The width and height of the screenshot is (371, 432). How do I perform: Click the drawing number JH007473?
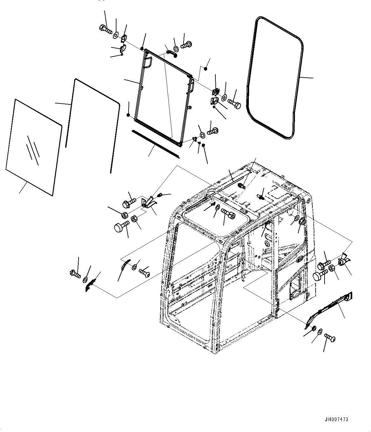pos(336,420)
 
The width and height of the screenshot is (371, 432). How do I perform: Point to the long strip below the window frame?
pos(156,143)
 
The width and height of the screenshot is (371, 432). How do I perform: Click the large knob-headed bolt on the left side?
pos(121,227)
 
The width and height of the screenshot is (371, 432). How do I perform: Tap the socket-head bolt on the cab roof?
pos(228,214)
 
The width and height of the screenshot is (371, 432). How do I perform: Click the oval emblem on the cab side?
pos(299,260)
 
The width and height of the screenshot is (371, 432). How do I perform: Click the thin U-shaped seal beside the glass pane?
pos(92,124)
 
